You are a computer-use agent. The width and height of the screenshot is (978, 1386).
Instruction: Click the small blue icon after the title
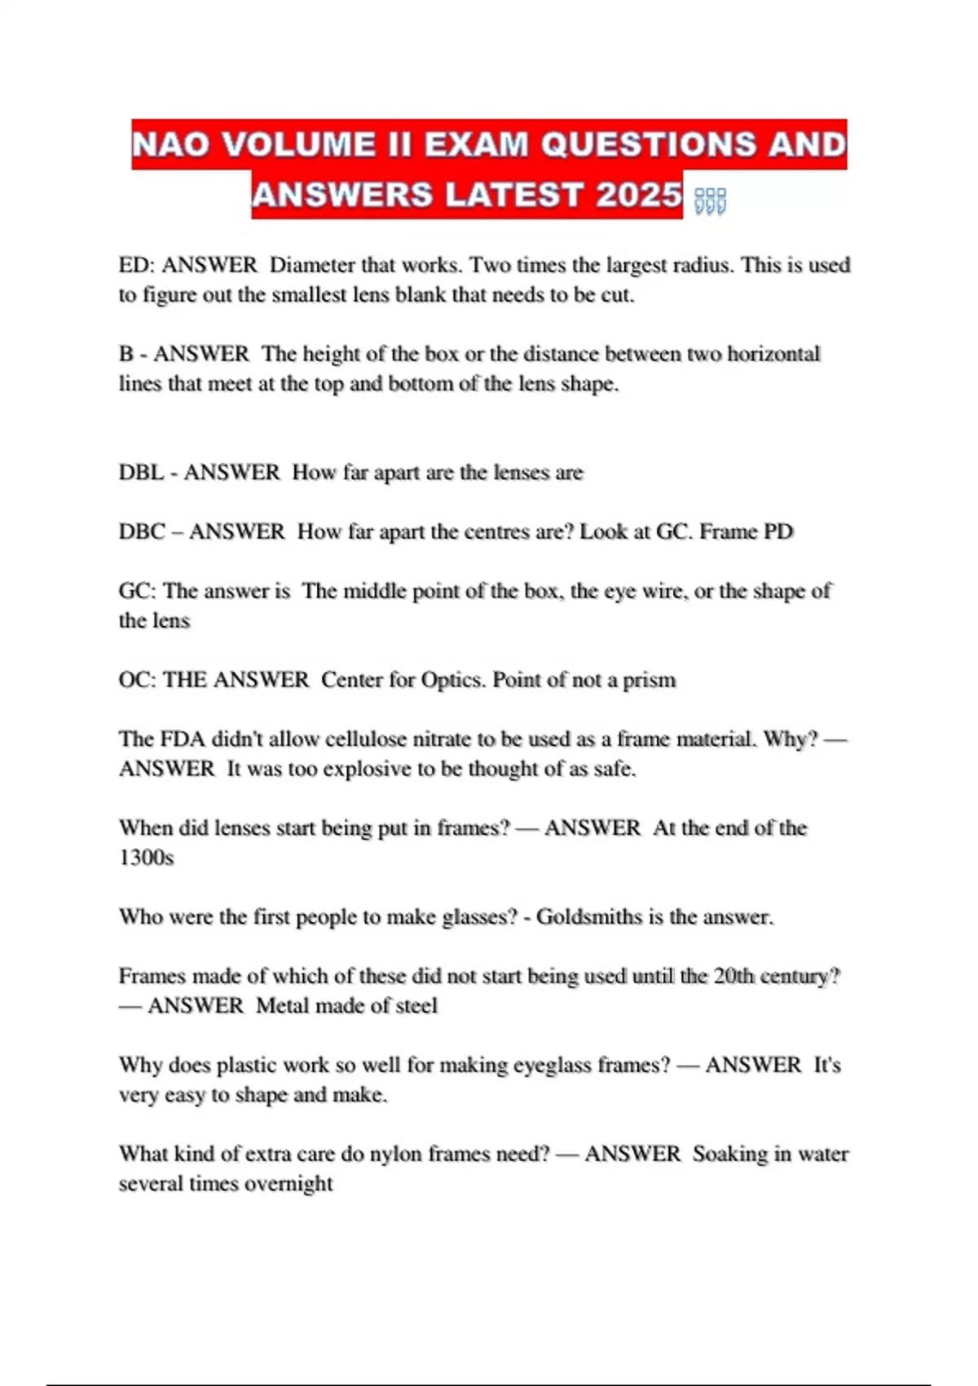click(710, 201)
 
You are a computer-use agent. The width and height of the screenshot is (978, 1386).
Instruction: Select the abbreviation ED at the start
click(134, 265)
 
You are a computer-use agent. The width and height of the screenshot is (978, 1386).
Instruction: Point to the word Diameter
click(312, 265)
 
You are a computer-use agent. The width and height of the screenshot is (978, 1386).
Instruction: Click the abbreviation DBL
click(142, 472)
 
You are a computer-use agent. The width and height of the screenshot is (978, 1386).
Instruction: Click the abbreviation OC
click(135, 679)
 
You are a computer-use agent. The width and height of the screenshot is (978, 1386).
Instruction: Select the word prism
click(650, 679)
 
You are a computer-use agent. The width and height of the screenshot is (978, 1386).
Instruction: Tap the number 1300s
click(147, 857)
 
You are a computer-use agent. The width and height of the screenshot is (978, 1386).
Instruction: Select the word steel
click(416, 1005)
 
